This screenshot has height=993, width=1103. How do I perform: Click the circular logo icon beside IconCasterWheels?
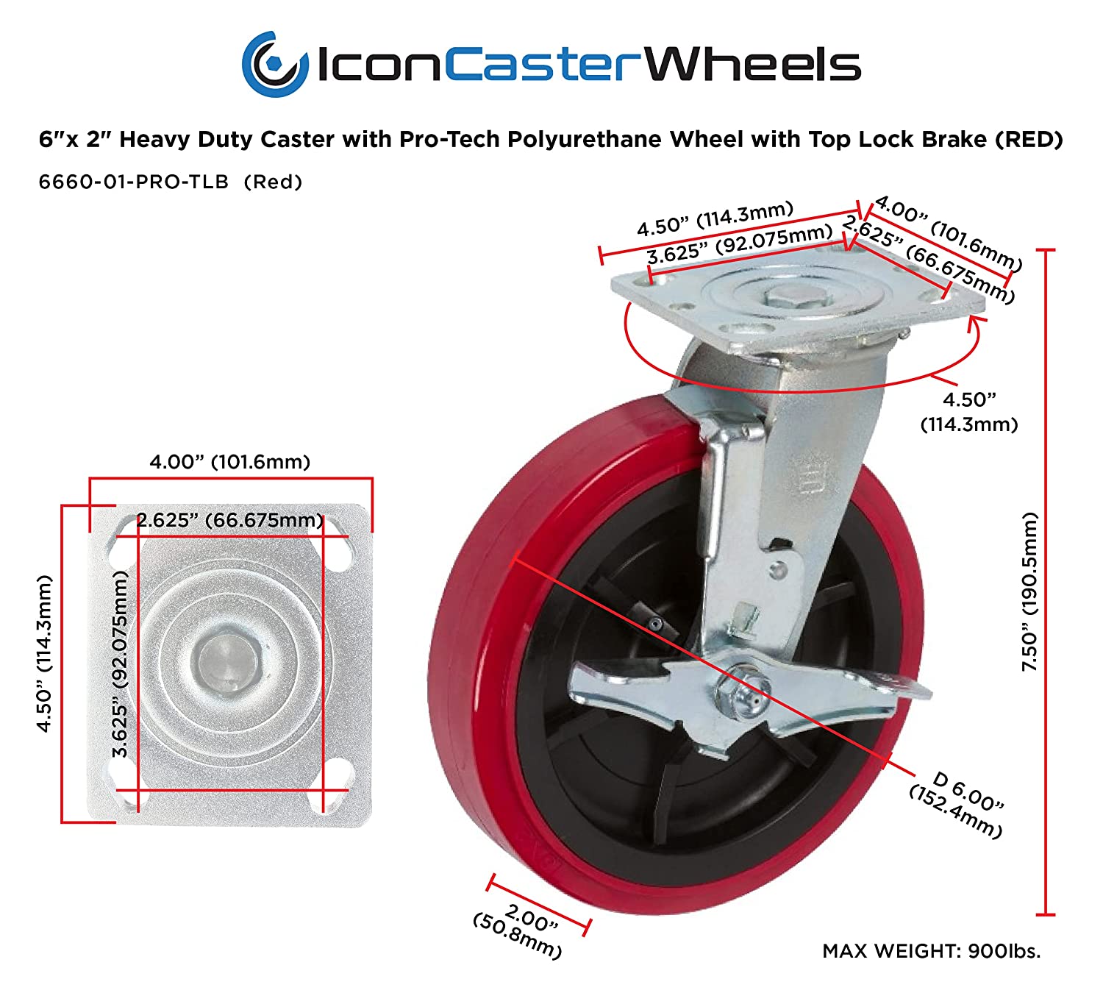click(274, 64)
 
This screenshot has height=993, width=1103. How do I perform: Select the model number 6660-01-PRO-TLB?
click(134, 182)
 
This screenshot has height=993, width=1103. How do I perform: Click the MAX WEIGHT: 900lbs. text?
click(931, 951)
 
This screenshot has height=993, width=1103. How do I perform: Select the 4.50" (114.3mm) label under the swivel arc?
click(969, 412)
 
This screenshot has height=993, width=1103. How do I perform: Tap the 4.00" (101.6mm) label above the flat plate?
click(229, 462)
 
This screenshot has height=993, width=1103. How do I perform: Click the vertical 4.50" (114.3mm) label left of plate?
click(46, 653)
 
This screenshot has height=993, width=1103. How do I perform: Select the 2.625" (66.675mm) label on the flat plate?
click(229, 520)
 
